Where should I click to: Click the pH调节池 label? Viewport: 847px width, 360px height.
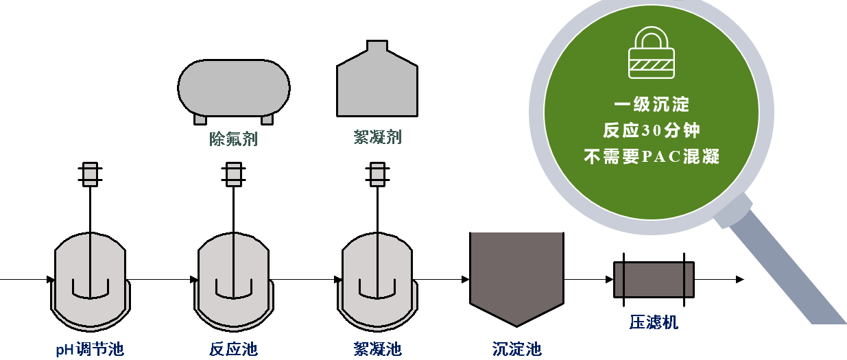pos(90,349)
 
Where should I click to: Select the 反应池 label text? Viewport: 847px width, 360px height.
pos(233,349)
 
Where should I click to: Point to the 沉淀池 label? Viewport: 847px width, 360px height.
pos(516,349)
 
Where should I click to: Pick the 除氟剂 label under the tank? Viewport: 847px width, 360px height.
pos(233,139)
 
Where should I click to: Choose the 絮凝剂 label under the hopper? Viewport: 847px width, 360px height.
pos(377,137)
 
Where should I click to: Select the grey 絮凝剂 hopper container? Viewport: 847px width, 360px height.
pos(377,82)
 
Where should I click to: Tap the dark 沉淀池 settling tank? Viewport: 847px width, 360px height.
pos(516,274)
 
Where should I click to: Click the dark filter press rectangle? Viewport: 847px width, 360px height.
pos(654,279)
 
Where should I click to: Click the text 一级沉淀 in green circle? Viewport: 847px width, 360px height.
pos(652,105)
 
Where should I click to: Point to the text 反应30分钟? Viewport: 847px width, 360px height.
pos(652,130)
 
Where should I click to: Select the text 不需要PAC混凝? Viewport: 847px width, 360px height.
pos(652,156)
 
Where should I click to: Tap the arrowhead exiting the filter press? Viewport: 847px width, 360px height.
pos(739,279)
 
